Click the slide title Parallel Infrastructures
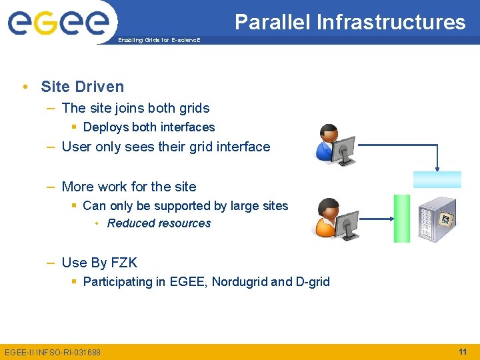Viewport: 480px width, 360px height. click(x=350, y=22)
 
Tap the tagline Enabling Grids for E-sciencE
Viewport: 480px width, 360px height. click(x=158, y=40)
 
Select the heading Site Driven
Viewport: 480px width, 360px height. click(x=82, y=87)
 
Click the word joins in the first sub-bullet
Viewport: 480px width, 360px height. click(x=136, y=108)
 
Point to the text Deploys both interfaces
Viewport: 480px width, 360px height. click(x=149, y=127)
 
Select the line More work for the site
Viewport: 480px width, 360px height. click(x=129, y=187)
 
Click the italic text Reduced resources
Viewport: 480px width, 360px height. click(x=159, y=223)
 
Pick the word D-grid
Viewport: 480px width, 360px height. click(x=311, y=281)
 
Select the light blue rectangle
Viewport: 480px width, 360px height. click(x=437, y=179)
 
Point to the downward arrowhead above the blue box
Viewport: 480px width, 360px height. click(x=437, y=167)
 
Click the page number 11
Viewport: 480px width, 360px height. click(x=463, y=351)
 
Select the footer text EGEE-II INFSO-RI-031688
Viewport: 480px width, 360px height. click(x=53, y=352)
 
